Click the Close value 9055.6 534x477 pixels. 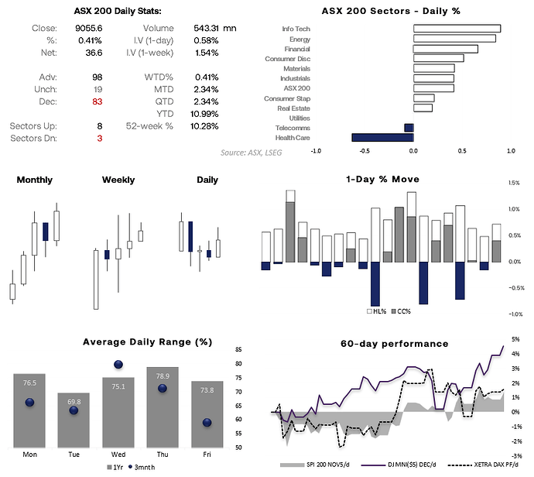90,28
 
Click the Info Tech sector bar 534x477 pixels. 457,29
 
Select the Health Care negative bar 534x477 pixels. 382,138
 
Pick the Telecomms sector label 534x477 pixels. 294,127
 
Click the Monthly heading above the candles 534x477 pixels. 34,180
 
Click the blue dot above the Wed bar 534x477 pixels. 118,364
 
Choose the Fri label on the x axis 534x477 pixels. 207,454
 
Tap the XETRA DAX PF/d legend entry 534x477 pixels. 483,467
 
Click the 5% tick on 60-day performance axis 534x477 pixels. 515,338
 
